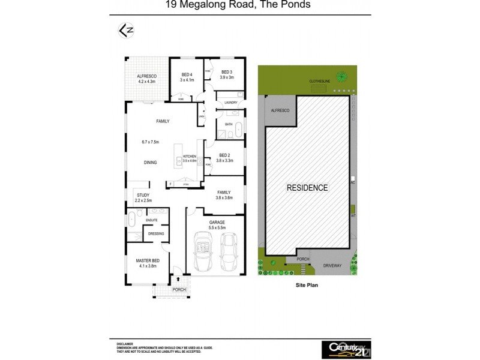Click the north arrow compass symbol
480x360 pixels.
coord(126,29)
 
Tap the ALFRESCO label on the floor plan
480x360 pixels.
coord(146,76)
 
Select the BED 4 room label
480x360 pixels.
coord(187,74)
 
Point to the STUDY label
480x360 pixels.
coord(143,195)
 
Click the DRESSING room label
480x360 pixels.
coord(156,233)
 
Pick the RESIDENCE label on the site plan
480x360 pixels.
coord(307,187)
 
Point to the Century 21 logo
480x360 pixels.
coord(346,347)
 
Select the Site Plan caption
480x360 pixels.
coord(306,286)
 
